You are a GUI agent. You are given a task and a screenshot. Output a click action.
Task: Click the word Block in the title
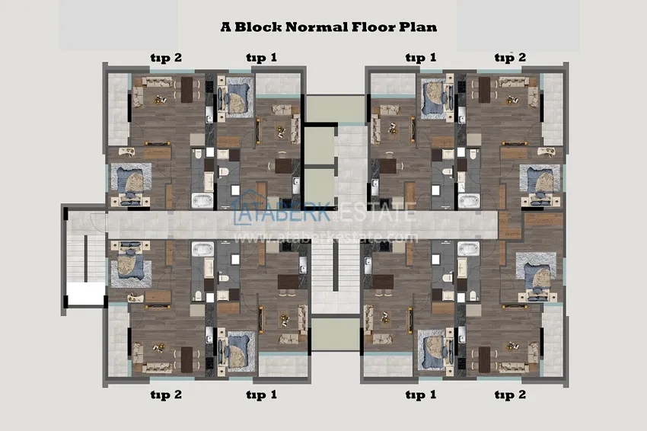click(x=258, y=27)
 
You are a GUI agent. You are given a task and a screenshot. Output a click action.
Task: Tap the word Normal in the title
click(x=317, y=27)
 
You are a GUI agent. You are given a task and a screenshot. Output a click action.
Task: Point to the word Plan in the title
click(x=418, y=27)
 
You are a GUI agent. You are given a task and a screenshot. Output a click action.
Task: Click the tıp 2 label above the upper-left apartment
click(x=166, y=58)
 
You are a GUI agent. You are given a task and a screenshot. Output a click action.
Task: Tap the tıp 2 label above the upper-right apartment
click(x=511, y=57)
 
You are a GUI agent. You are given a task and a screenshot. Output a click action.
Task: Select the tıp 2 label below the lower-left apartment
click(x=166, y=394)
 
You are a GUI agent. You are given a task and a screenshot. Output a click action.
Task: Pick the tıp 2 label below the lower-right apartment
click(x=511, y=394)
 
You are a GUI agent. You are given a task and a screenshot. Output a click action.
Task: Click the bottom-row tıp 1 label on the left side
click(x=262, y=394)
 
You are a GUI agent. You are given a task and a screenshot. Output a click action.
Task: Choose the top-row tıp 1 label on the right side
click(x=420, y=57)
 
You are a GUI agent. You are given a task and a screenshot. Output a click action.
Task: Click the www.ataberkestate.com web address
click(x=326, y=238)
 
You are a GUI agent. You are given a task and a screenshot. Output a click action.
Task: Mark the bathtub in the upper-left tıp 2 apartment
click(x=202, y=200)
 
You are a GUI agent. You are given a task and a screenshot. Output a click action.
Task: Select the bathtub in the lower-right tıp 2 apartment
click(x=469, y=249)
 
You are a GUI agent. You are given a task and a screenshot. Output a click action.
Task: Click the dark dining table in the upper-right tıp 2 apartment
click(x=484, y=90)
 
